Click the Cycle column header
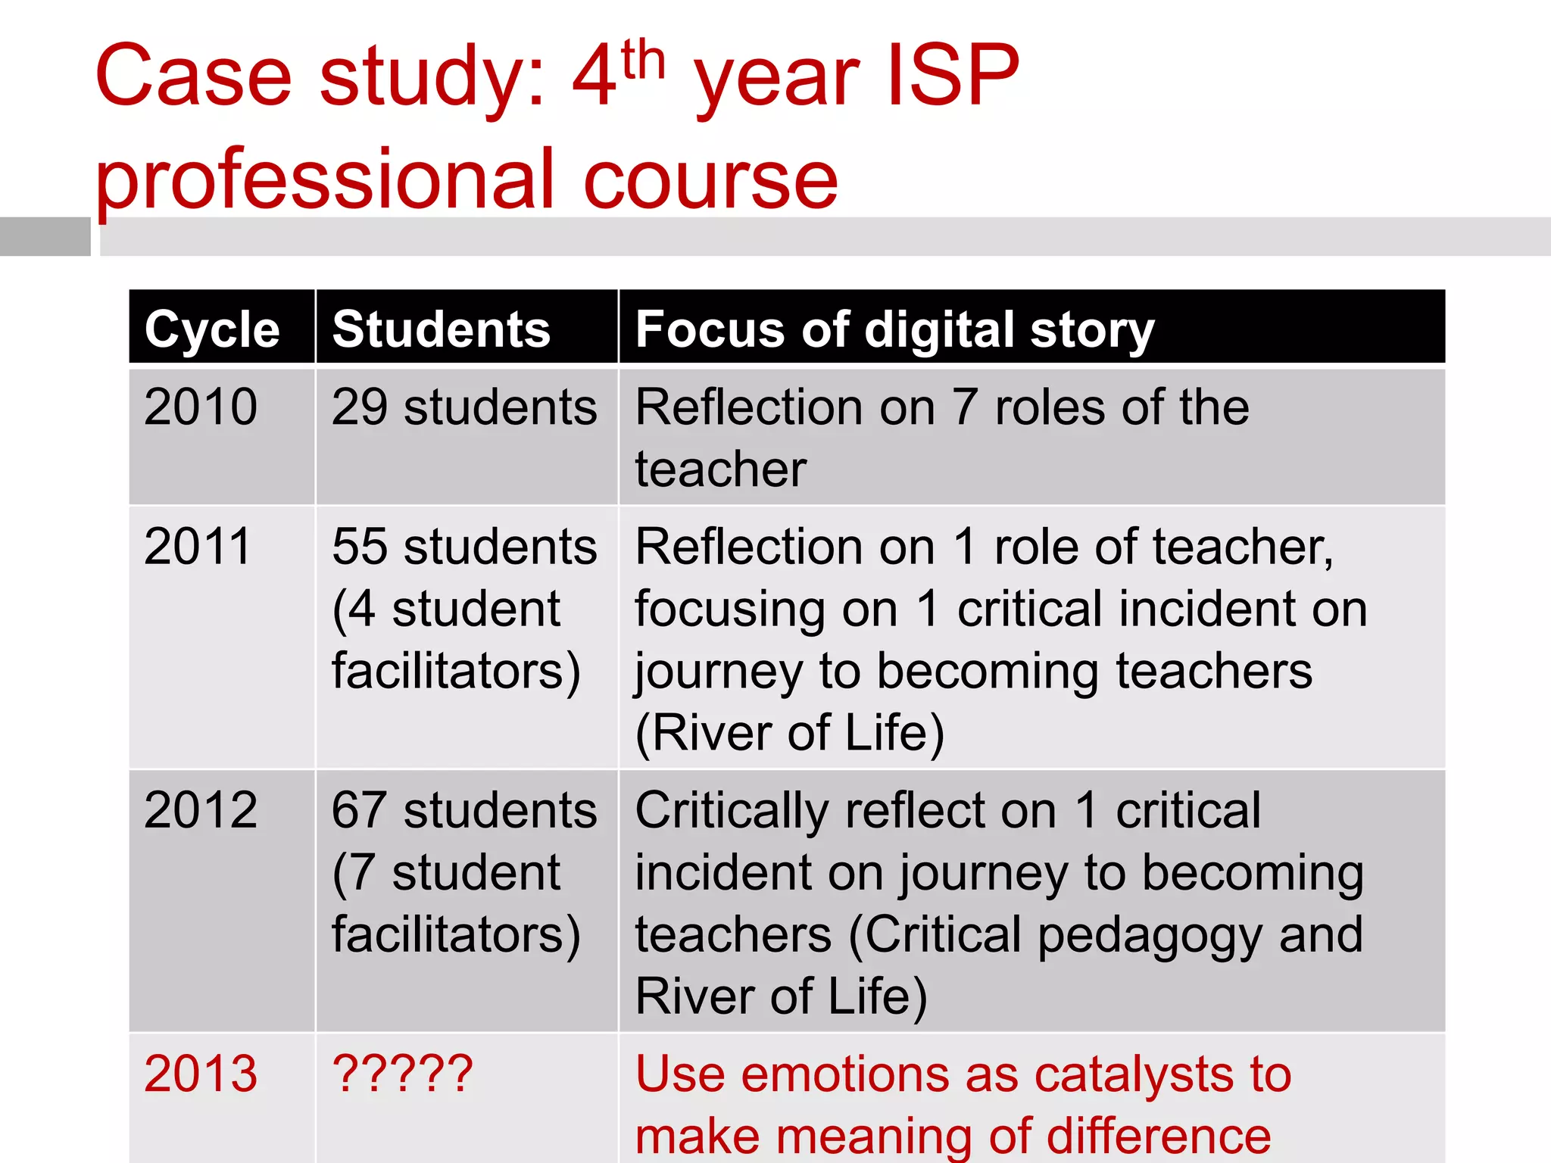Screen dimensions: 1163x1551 point(212,329)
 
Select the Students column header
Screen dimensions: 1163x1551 point(441,329)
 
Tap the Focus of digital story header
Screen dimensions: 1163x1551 point(894,331)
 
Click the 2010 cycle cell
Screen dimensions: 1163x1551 point(201,407)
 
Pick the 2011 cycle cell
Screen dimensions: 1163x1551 point(197,546)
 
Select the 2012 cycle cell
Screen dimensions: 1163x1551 point(201,809)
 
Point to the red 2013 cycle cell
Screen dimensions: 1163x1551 point(201,1073)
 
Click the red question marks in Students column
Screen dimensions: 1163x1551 point(402,1073)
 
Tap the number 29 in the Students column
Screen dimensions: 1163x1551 point(360,407)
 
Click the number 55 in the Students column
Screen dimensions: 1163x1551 point(360,546)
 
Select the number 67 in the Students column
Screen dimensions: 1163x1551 point(360,809)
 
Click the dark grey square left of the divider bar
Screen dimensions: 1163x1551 point(45,236)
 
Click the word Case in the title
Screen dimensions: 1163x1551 point(193,76)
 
